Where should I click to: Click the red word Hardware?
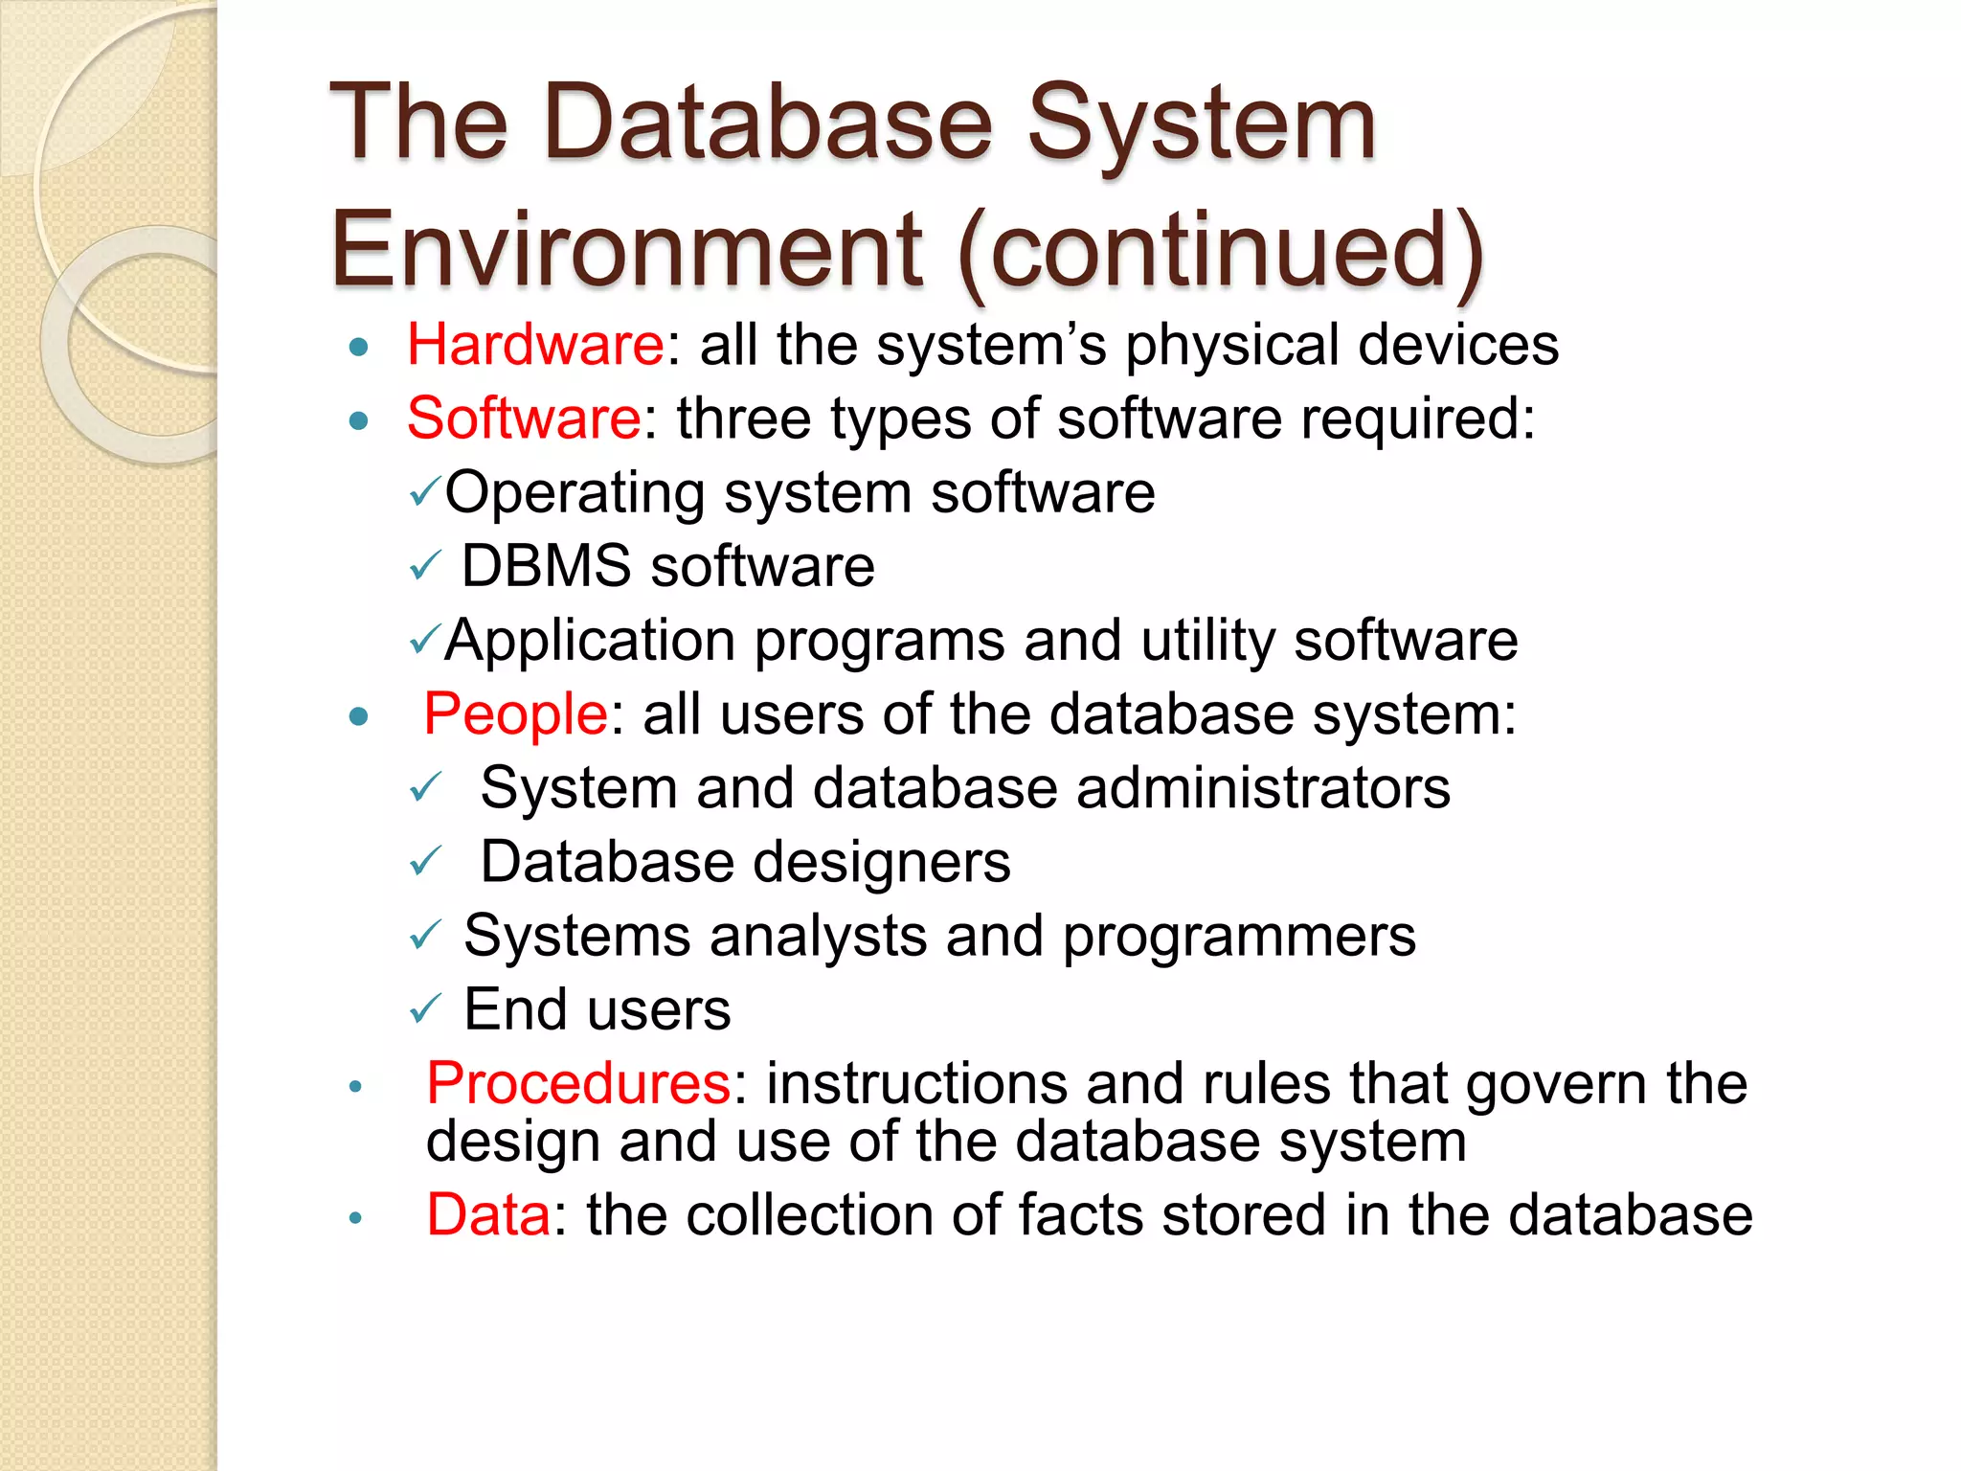(535, 345)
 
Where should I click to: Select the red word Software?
(524, 419)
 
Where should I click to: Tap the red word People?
(515, 714)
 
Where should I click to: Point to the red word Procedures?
(578, 1084)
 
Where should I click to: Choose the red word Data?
(488, 1215)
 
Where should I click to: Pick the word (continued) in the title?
(1221, 251)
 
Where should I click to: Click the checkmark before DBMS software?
(424, 566)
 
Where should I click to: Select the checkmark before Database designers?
(424, 861)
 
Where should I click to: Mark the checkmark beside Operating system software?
(424, 492)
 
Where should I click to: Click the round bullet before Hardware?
(359, 347)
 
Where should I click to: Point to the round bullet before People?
(359, 716)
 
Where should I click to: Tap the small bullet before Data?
(355, 1218)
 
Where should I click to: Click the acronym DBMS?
(547, 566)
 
